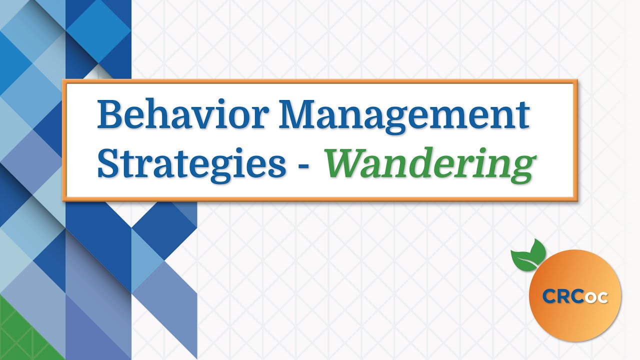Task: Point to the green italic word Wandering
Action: pyautogui.click(x=427, y=164)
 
